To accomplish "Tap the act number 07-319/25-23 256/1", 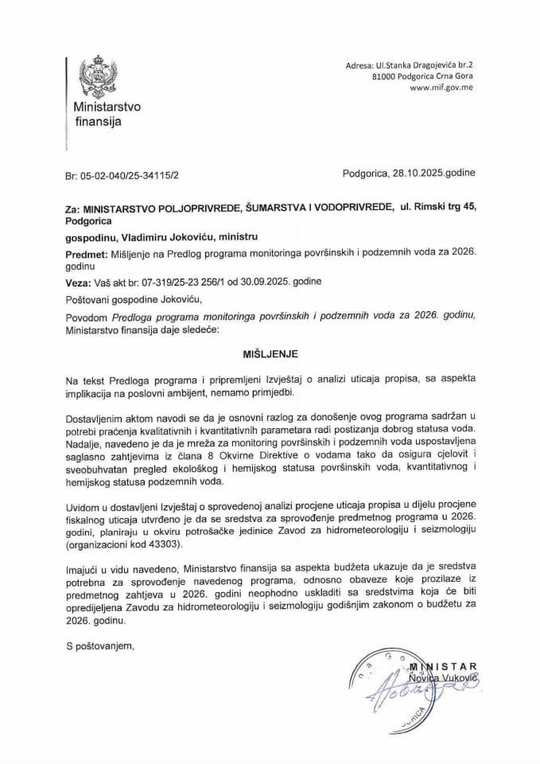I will (184, 282).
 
